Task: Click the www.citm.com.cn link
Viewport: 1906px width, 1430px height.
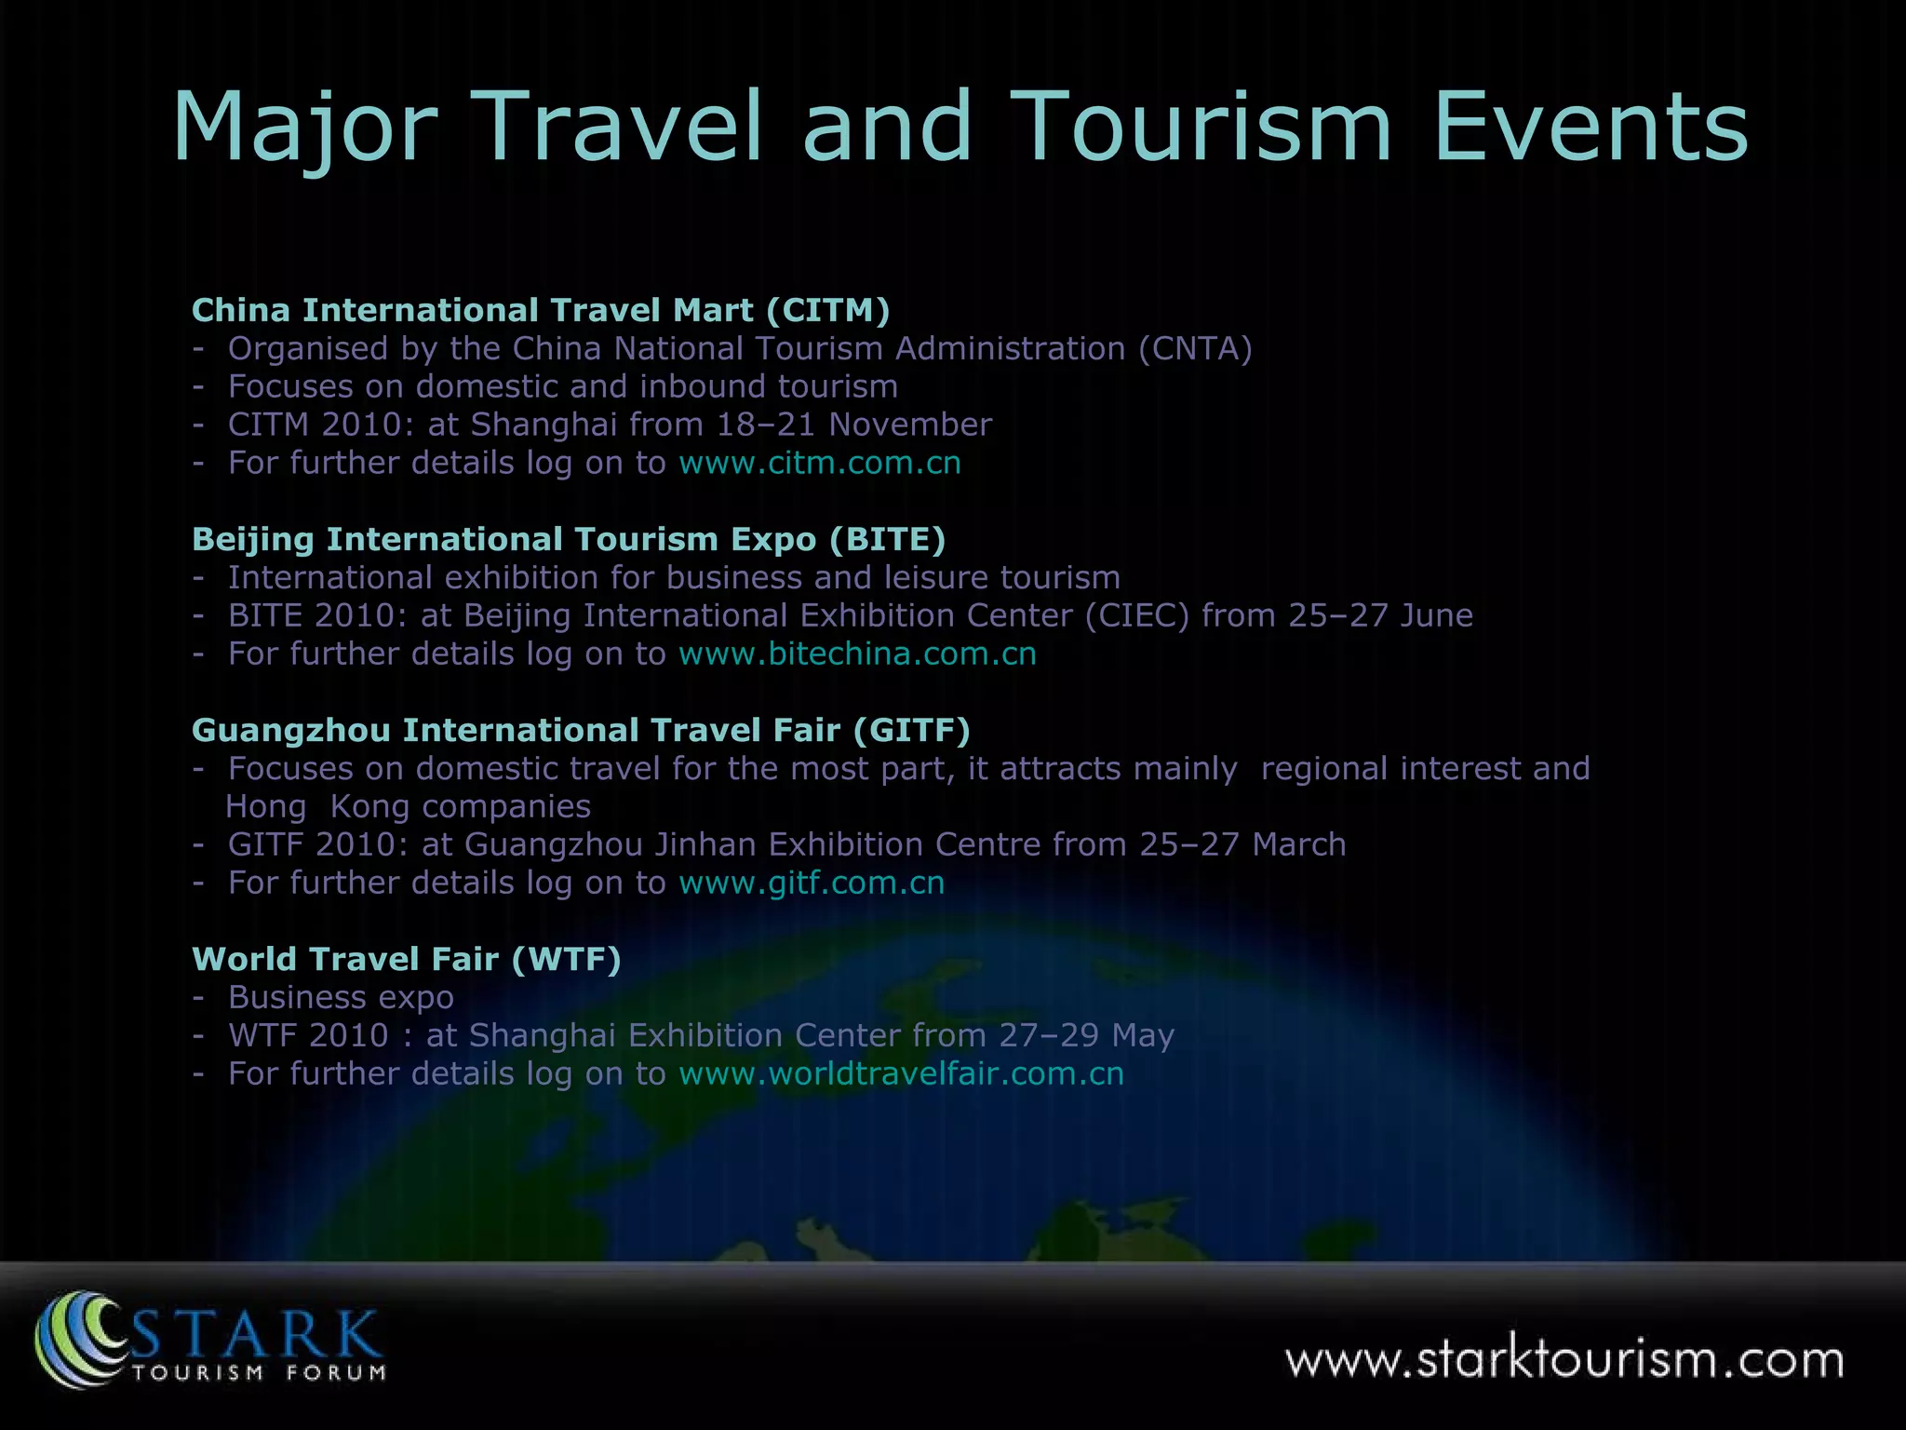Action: [x=819, y=463]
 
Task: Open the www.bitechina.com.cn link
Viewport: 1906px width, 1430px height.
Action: [x=857, y=654]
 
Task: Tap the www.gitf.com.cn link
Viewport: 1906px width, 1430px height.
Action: [x=812, y=883]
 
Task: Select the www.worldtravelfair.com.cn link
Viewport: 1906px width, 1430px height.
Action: [x=901, y=1073]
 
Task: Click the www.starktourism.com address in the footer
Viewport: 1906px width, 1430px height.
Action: [x=1564, y=1360]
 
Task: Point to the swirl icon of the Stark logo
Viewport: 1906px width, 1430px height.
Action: [x=79, y=1339]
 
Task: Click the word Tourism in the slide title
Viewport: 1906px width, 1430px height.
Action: [x=1201, y=128]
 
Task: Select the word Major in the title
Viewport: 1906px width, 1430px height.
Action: [x=305, y=128]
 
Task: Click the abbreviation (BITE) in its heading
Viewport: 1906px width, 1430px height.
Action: [x=886, y=539]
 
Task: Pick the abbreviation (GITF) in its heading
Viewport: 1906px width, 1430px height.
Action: [x=911, y=730]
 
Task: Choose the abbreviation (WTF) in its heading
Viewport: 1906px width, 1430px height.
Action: [x=566, y=959]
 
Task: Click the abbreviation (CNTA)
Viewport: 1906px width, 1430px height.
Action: [x=1195, y=348]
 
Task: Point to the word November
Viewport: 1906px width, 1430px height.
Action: [x=910, y=425]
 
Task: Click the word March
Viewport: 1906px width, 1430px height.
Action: [x=1298, y=844]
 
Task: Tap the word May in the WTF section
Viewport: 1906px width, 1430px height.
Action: [x=1143, y=1035]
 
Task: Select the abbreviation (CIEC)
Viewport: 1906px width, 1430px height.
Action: [x=1137, y=615]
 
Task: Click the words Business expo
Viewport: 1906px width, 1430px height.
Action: [x=341, y=997]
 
